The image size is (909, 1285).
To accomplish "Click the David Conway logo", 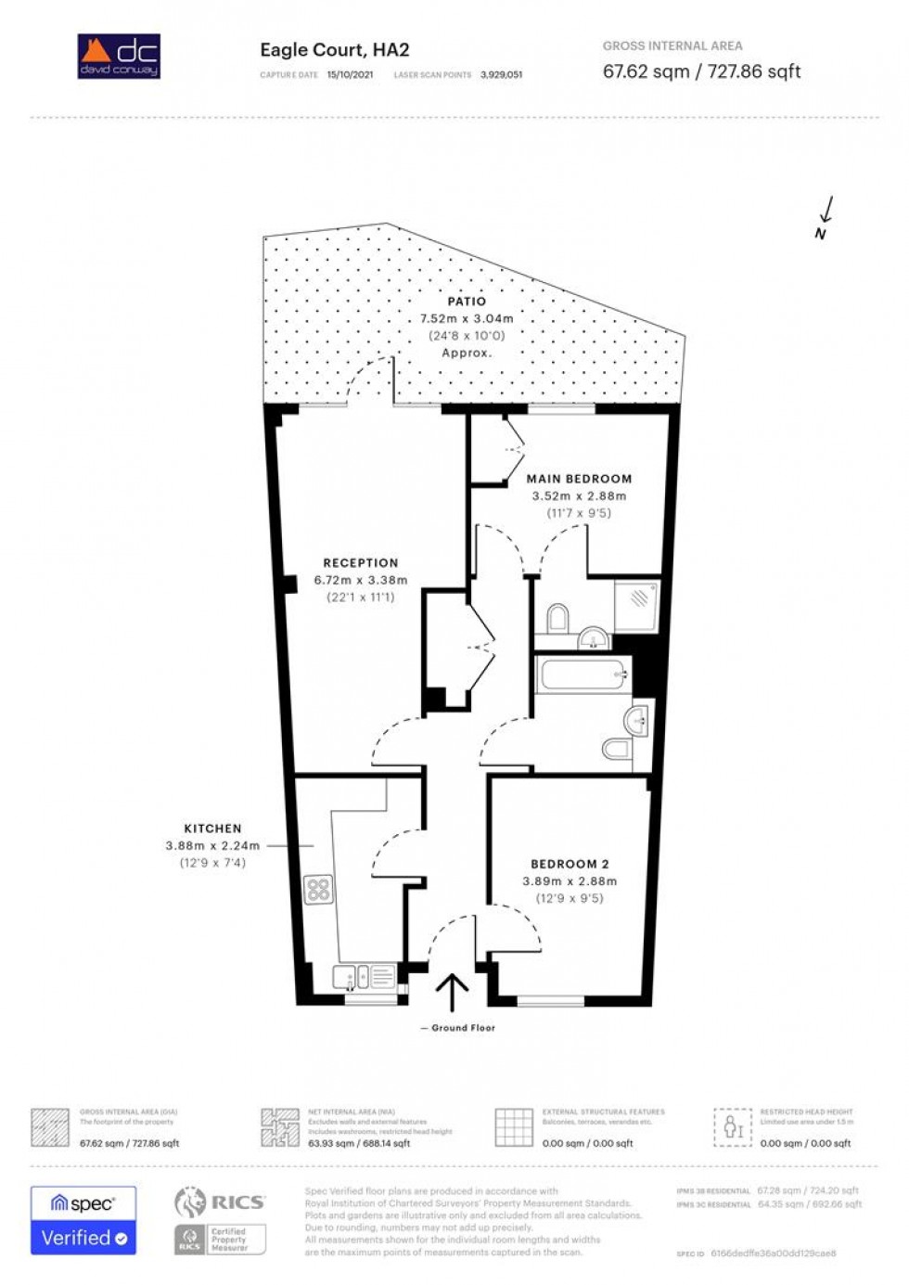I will [x=119, y=56].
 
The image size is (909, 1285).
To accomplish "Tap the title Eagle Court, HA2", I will [x=334, y=50].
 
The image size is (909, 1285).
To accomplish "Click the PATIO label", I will [x=467, y=302].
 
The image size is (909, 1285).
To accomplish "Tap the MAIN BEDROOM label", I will [x=579, y=479].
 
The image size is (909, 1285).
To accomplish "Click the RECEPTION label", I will [x=360, y=563].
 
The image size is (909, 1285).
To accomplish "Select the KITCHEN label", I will [x=212, y=829].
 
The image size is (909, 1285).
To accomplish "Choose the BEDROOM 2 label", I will [x=570, y=864].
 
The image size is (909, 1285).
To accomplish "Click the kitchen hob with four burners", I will [x=318, y=890].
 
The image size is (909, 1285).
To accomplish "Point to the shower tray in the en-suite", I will [x=637, y=604].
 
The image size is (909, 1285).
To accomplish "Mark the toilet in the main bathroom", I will [x=617, y=748].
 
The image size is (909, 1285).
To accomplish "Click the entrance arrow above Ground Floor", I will [x=452, y=991].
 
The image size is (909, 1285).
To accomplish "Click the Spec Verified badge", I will [x=83, y=1220].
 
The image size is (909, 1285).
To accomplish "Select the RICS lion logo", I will [x=190, y=1202].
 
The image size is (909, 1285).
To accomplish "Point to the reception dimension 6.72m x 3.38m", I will [x=360, y=580].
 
